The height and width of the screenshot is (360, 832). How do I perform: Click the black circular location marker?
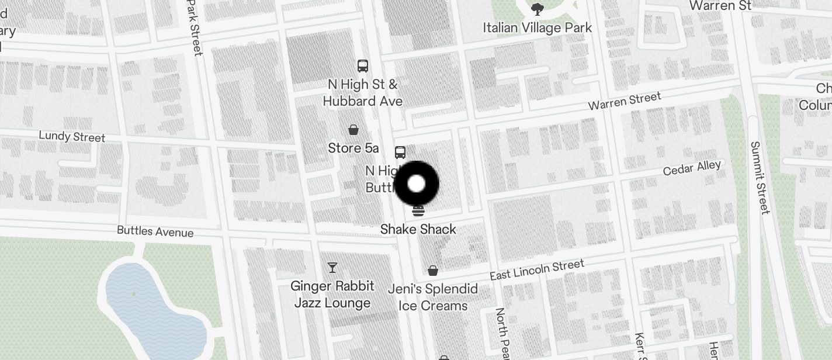417,184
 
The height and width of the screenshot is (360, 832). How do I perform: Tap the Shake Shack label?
418,229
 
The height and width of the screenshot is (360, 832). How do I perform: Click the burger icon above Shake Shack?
418,210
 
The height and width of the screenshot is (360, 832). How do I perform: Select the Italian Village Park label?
538,27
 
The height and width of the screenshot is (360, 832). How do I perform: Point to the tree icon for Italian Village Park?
538,9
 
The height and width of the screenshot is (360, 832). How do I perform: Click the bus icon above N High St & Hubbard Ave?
363,65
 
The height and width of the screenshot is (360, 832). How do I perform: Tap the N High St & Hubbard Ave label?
362,93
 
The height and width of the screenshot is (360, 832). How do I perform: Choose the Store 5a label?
353,148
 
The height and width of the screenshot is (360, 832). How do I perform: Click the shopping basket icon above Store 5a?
353,129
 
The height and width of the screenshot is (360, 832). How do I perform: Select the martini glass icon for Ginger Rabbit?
332,268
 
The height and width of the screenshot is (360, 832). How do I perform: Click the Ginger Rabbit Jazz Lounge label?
332,295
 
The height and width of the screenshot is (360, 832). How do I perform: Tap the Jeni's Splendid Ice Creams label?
433,297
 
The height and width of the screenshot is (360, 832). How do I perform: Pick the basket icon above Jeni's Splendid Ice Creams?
433,270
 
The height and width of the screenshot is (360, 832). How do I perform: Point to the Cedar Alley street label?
692,168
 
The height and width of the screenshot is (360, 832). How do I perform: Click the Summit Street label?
760,178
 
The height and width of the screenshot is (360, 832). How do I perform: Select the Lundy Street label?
72,136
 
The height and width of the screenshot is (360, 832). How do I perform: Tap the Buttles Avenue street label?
155,231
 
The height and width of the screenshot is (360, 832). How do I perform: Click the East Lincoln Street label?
536,270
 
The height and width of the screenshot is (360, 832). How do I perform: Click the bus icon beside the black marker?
400,153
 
